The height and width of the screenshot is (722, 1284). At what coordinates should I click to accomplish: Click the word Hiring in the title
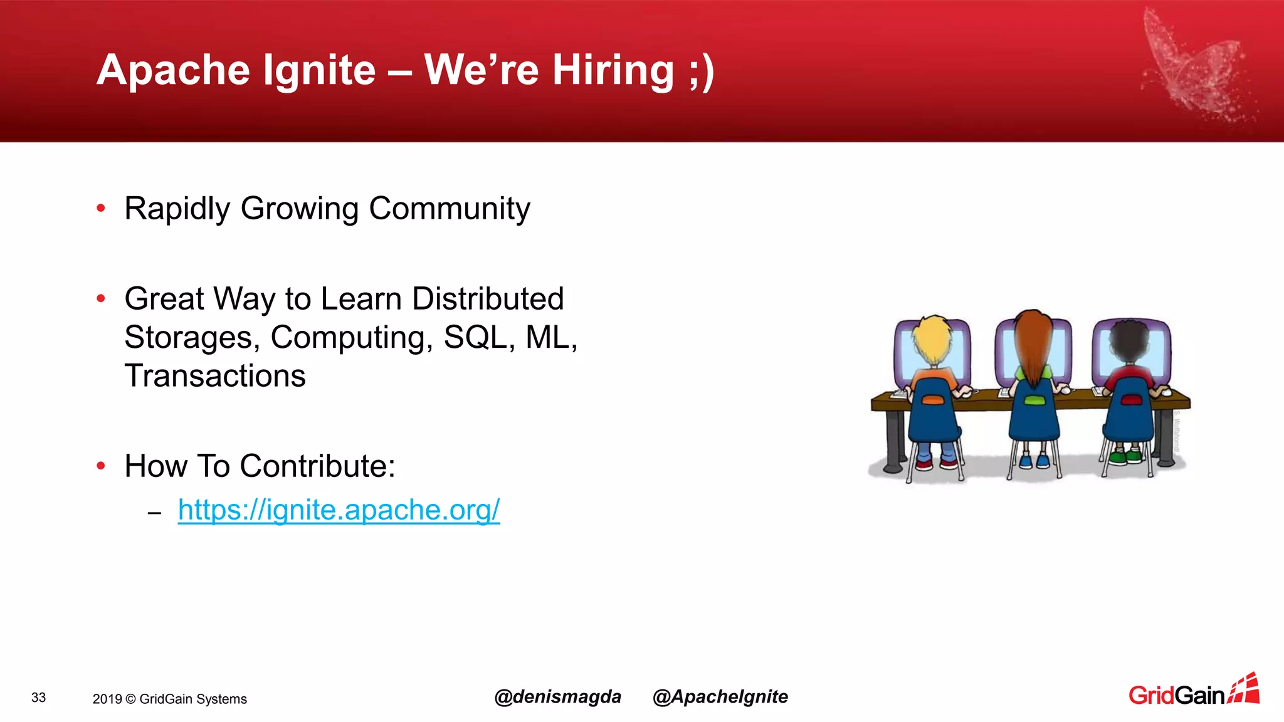coord(613,70)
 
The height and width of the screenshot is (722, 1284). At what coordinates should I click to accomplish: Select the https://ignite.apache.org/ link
coord(339,510)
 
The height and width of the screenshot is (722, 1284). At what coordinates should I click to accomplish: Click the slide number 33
coord(39,698)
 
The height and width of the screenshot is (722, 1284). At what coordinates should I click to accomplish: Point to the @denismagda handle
coord(557,697)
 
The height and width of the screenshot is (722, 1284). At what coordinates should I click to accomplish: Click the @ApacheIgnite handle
coord(720,697)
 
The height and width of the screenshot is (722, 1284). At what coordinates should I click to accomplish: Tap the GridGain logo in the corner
coord(1193,691)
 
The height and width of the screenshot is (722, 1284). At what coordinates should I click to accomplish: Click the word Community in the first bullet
coord(449,209)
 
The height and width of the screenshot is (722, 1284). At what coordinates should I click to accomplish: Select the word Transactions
coord(215,376)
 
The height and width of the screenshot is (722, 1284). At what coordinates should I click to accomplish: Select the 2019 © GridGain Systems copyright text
coord(169,699)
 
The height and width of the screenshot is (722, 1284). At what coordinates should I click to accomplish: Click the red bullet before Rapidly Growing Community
coord(101,209)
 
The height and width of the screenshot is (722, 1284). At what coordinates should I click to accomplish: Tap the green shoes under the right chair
coord(1125,456)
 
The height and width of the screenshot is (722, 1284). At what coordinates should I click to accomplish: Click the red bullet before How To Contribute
coord(101,466)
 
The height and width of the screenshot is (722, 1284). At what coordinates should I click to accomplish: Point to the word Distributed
coord(488,299)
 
